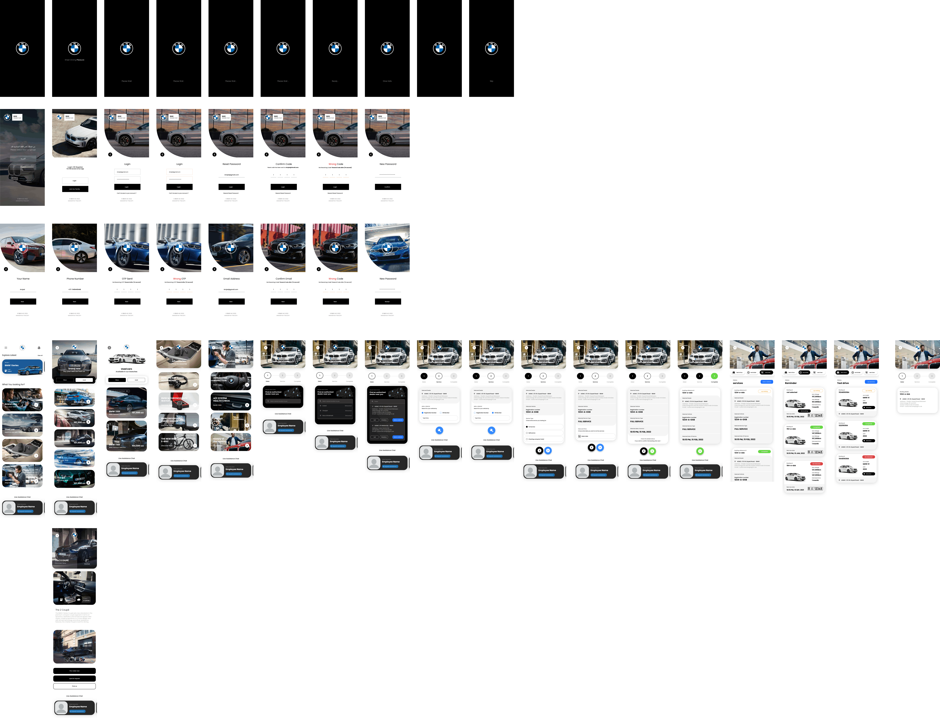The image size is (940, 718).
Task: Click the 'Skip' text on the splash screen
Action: (491, 81)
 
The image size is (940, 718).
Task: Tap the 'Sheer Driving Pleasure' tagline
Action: (74, 60)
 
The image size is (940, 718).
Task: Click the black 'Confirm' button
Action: (387, 187)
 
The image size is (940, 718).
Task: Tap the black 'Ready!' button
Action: (387, 301)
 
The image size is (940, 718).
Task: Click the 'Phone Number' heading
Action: (75, 279)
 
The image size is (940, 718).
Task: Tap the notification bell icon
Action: (39, 347)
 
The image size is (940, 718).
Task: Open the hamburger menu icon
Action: (6, 347)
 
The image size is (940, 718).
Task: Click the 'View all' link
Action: (40, 355)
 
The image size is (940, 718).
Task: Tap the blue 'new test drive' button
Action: (871, 382)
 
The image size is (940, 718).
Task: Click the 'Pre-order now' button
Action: (74, 671)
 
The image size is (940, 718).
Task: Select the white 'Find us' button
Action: (74, 686)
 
